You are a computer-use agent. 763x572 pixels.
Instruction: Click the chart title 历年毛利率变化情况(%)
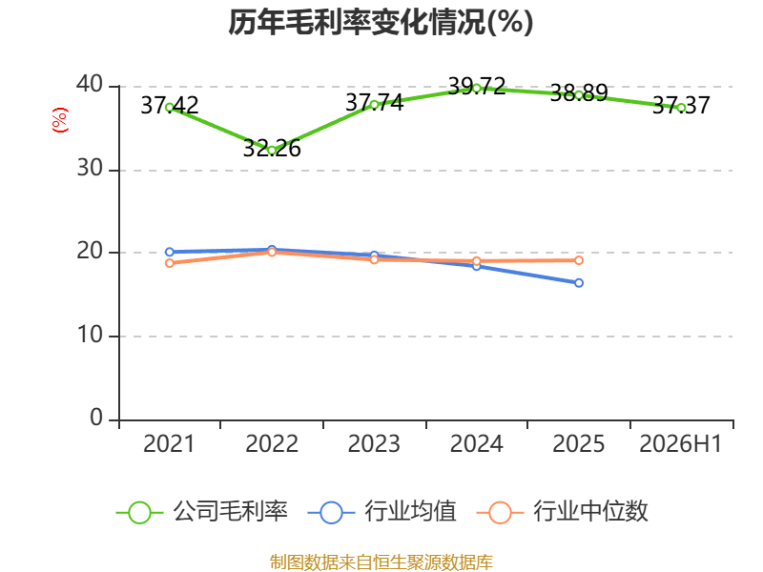click(381, 22)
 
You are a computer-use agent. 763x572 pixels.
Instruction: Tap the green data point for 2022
click(272, 151)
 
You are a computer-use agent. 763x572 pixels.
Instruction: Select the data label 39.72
click(477, 86)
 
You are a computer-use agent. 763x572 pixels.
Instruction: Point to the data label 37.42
click(170, 105)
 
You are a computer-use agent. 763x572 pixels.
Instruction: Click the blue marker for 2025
click(579, 282)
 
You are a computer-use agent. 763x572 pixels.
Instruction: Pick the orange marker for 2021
click(170, 263)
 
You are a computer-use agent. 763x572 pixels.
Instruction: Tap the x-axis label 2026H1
click(680, 443)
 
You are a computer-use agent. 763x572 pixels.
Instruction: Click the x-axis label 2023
click(374, 443)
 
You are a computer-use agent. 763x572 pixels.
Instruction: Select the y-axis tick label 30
click(90, 169)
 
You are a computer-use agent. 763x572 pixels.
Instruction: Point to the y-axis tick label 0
click(96, 418)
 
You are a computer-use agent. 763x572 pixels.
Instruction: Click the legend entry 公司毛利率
click(202, 512)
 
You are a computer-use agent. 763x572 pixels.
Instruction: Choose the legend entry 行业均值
click(382, 512)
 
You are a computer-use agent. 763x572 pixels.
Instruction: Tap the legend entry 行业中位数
click(562, 512)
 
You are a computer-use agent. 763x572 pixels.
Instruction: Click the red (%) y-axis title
click(59, 120)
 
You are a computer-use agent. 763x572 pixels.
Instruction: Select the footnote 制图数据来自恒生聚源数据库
click(381, 562)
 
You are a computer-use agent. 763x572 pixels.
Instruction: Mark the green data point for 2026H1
click(681, 108)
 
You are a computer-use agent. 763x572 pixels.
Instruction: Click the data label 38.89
click(579, 92)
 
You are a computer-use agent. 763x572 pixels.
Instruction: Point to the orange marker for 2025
click(579, 260)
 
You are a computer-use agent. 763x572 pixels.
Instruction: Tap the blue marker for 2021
click(170, 252)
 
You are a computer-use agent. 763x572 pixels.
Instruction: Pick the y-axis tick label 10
click(90, 335)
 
